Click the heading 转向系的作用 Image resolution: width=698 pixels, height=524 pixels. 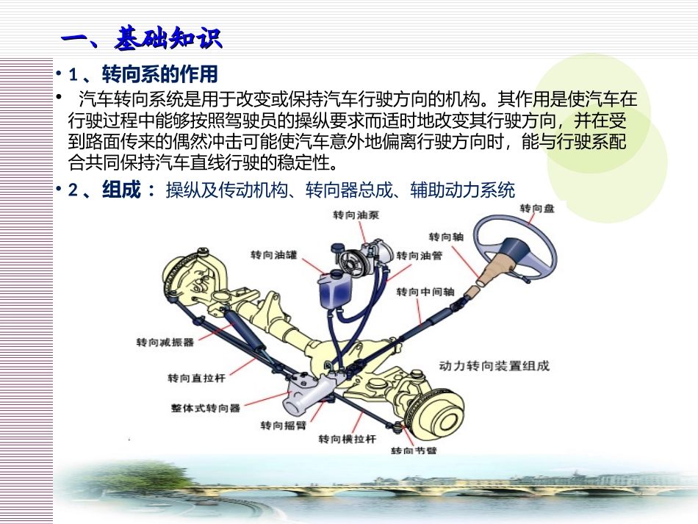(159, 75)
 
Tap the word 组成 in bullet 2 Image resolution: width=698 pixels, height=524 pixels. (120, 191)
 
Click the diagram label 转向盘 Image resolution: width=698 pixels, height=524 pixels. (536, 209)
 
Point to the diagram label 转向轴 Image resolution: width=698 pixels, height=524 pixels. (445, 237)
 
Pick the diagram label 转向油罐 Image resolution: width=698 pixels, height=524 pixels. (274, 255)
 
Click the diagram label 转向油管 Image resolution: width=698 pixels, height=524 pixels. (419, 256)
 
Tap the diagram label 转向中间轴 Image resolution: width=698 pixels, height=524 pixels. (425, 292)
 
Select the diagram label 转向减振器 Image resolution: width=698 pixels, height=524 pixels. (165, 342)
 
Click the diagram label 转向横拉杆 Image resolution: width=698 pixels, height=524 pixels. (347, 439)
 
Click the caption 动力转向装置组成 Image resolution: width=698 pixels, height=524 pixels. (494, 365)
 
